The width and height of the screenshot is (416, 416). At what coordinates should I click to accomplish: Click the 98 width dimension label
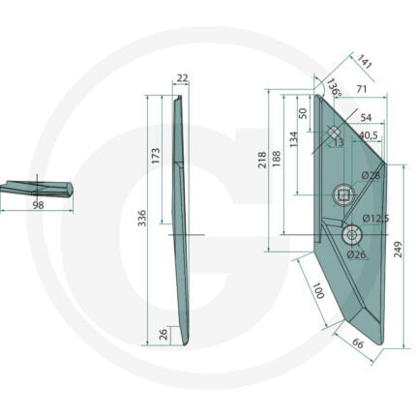click(38, 205)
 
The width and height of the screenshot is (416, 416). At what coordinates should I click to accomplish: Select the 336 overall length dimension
click(142, 218)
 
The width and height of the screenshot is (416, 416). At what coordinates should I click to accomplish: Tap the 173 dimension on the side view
click(156, 156)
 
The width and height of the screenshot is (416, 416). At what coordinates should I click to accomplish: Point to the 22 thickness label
click(183, 78)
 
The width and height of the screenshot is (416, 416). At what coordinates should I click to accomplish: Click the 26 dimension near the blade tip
click(164, 334)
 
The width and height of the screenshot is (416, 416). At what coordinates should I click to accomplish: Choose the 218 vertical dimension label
click(262, 160)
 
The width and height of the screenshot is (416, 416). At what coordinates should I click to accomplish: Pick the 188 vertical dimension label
click(277, 159)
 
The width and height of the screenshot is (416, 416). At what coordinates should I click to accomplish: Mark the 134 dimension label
click(294, 139)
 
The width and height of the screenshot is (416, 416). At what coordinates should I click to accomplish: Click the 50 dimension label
click(303, 113)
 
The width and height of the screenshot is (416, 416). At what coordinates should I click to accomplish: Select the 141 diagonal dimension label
click(365, 62)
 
